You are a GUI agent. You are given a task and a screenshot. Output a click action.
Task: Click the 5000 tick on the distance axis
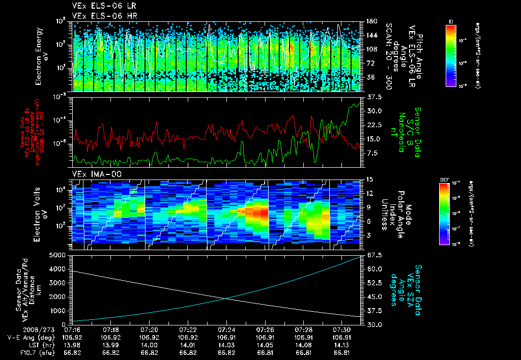(x=60, y=255)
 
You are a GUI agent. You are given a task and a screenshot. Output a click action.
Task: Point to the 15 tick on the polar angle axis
(x=369, y=179)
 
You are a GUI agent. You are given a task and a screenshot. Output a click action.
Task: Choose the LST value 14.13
(x=341, y=344)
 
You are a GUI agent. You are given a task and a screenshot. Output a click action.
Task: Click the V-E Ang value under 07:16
(x=73, y=337)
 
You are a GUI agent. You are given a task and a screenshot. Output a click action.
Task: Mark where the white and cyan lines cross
(x=226, y=298)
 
